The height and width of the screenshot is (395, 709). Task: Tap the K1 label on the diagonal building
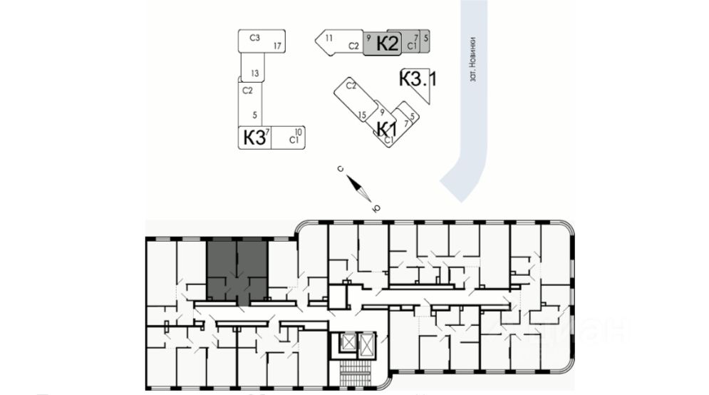385,129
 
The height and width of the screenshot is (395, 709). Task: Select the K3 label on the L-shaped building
254,137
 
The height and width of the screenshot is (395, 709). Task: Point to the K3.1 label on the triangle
417,78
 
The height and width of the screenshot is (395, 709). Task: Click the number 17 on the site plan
279,46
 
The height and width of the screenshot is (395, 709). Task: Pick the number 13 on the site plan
254,73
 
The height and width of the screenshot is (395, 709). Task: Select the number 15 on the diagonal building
362,114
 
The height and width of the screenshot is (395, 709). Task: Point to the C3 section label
254,37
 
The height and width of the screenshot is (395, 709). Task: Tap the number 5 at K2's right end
425,36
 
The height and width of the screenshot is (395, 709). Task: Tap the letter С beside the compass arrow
341,169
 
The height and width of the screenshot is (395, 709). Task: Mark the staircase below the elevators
357,372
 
